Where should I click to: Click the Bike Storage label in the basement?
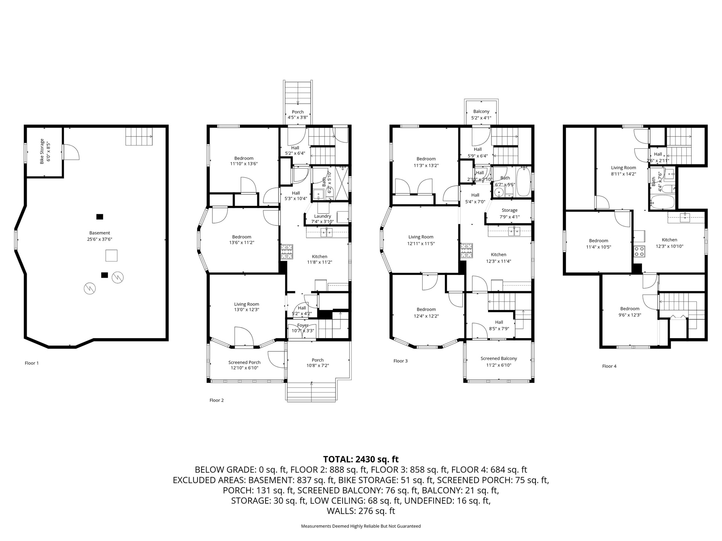coord(42,151)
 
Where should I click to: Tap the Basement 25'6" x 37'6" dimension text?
coord(100,239)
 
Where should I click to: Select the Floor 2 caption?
coord(217,400)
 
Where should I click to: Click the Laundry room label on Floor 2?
coord(323,216)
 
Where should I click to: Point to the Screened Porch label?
coord(244,363)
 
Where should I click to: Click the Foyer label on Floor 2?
coord(303,325)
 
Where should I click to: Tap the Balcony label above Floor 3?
coord(481,112)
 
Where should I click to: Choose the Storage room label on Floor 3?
coord(510,210)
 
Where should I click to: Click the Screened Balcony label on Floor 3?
coord(499,358)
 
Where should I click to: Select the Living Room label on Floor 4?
coord(623,168)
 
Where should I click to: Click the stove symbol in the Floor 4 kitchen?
coord(639,251)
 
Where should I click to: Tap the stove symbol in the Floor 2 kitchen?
coord(287,252)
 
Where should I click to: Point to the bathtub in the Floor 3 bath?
coord(523,183)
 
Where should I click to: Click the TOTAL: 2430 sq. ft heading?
coord(361,459)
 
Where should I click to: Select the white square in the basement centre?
coord(111,255)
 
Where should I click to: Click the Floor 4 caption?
coord(609,366)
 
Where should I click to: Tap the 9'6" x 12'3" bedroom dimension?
coord(630,315)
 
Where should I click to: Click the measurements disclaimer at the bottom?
coord(361,526)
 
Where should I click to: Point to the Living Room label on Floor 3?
coord(421,237)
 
